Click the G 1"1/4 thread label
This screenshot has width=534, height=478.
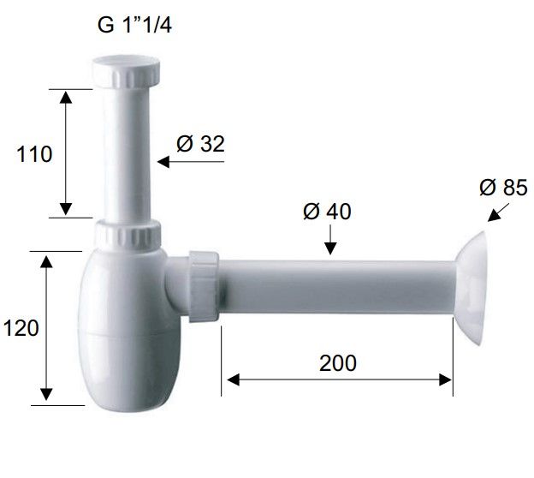(x=134, y=25)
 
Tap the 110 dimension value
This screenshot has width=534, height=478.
(x=34, y=154)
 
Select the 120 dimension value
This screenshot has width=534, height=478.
(x=21, y=328)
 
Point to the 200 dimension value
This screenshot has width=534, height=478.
(x=338, y=362)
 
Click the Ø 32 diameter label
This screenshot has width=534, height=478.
(x=200, y=144)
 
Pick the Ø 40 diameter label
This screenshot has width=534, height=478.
(x=327, y=212)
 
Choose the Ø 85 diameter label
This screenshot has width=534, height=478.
(x=503, y=188)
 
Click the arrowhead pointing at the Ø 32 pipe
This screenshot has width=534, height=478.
(x=163, y=162)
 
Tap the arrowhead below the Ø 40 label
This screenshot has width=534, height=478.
(x=330, y=248)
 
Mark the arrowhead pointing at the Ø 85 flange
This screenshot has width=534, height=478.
(x=492, y=217)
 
